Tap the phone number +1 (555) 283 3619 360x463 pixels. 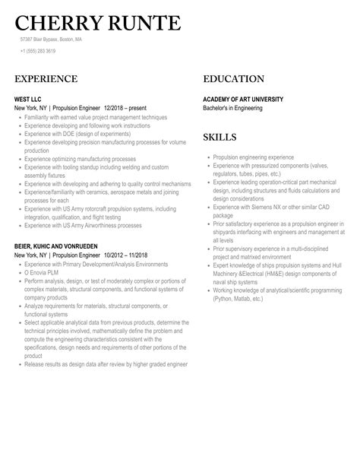coord(38,51)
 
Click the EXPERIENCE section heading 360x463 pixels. coord(46,79)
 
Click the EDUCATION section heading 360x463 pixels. coord(234,79)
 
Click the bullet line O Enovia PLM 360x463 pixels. coord(43,273)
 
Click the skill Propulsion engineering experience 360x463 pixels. coord(253,157)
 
